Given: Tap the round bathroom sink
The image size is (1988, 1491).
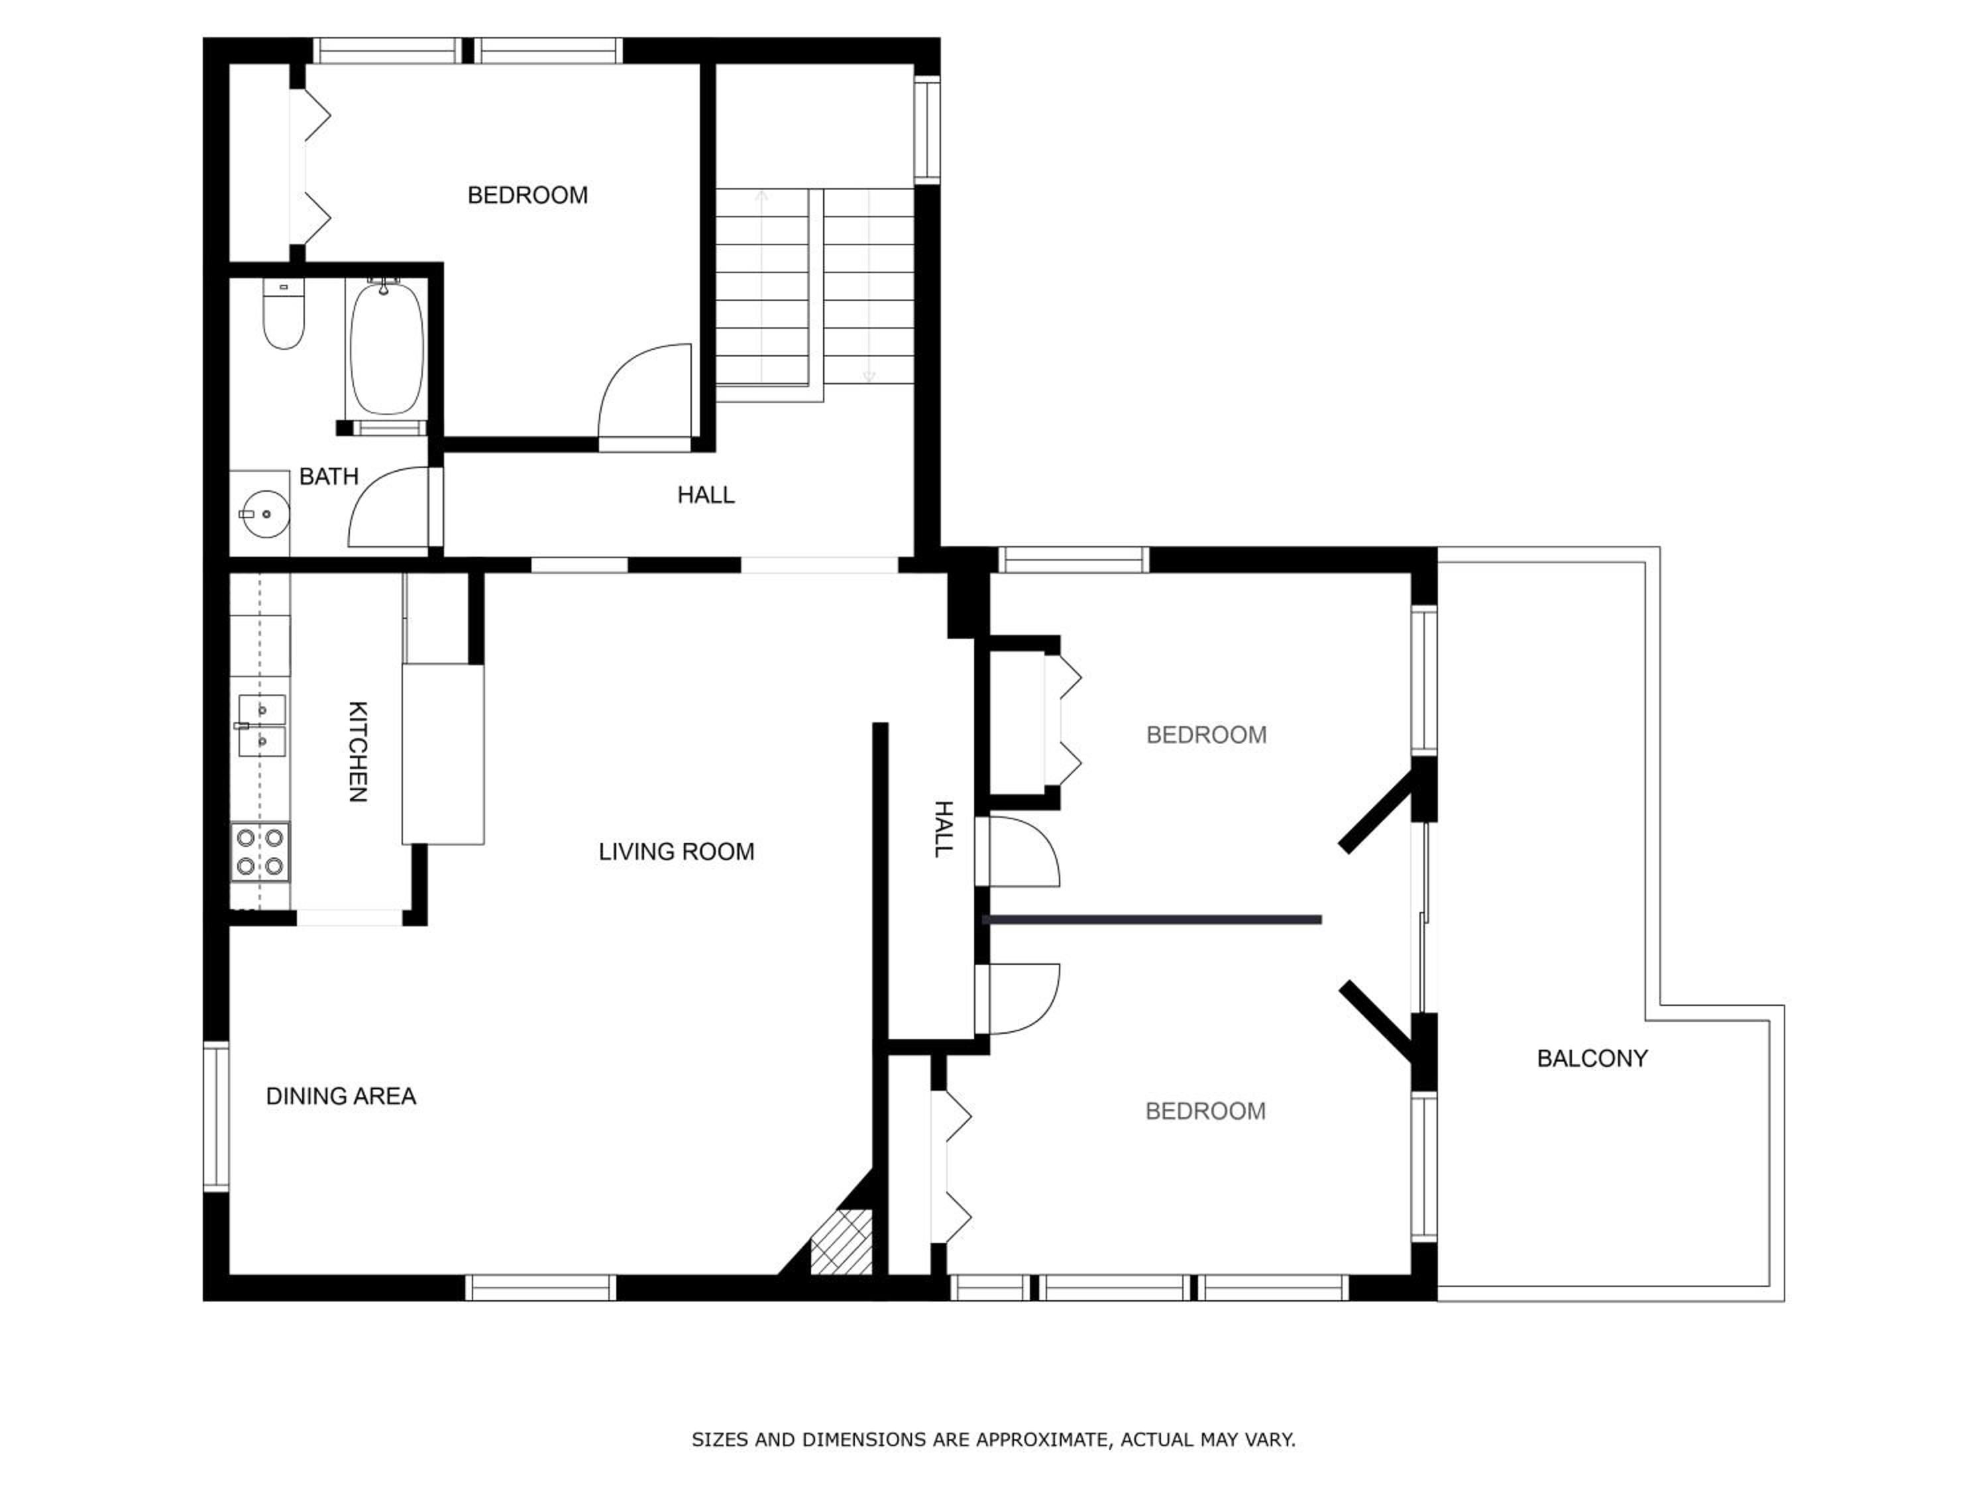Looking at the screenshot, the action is pyautogui.click(x=264, y=514).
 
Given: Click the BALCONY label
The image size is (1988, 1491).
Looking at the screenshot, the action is pyautogui.click(x=1592, y=1059).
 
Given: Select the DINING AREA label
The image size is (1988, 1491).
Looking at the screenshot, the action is pyautogui.click(x=341, y=1097).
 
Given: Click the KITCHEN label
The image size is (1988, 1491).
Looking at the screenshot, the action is pyautogui.click(x=357, y=751).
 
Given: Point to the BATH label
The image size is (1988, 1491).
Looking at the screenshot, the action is pyautogui.click(x=329, y=476).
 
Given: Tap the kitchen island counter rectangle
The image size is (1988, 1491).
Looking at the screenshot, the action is pyautogui.click(x=443, y=754).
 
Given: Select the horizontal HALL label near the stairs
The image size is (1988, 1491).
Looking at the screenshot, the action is pyautogui.click(x=706, y=495).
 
